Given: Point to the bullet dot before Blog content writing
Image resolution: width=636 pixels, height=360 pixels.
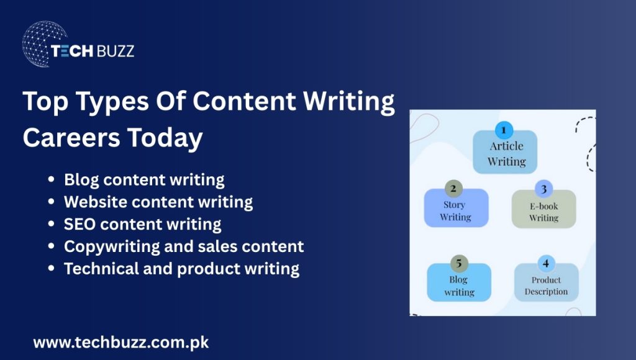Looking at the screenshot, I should click(52, 181).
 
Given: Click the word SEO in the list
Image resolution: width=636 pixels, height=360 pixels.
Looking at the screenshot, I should click(79, 223).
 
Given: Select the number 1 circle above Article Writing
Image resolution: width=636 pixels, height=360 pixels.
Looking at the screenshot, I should click(504, 130).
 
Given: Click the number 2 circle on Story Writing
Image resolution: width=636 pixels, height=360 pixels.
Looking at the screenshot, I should click(454, 189).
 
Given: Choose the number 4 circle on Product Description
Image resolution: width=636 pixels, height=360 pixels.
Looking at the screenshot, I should click(546, 263).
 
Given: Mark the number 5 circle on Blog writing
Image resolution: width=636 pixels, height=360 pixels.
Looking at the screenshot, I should click(458, 263).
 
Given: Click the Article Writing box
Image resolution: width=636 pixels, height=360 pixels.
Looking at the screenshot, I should click(506, 154).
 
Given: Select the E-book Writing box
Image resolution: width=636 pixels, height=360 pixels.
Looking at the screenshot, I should click(544, 212).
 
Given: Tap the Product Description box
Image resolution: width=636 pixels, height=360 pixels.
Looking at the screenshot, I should click(546, 286).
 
